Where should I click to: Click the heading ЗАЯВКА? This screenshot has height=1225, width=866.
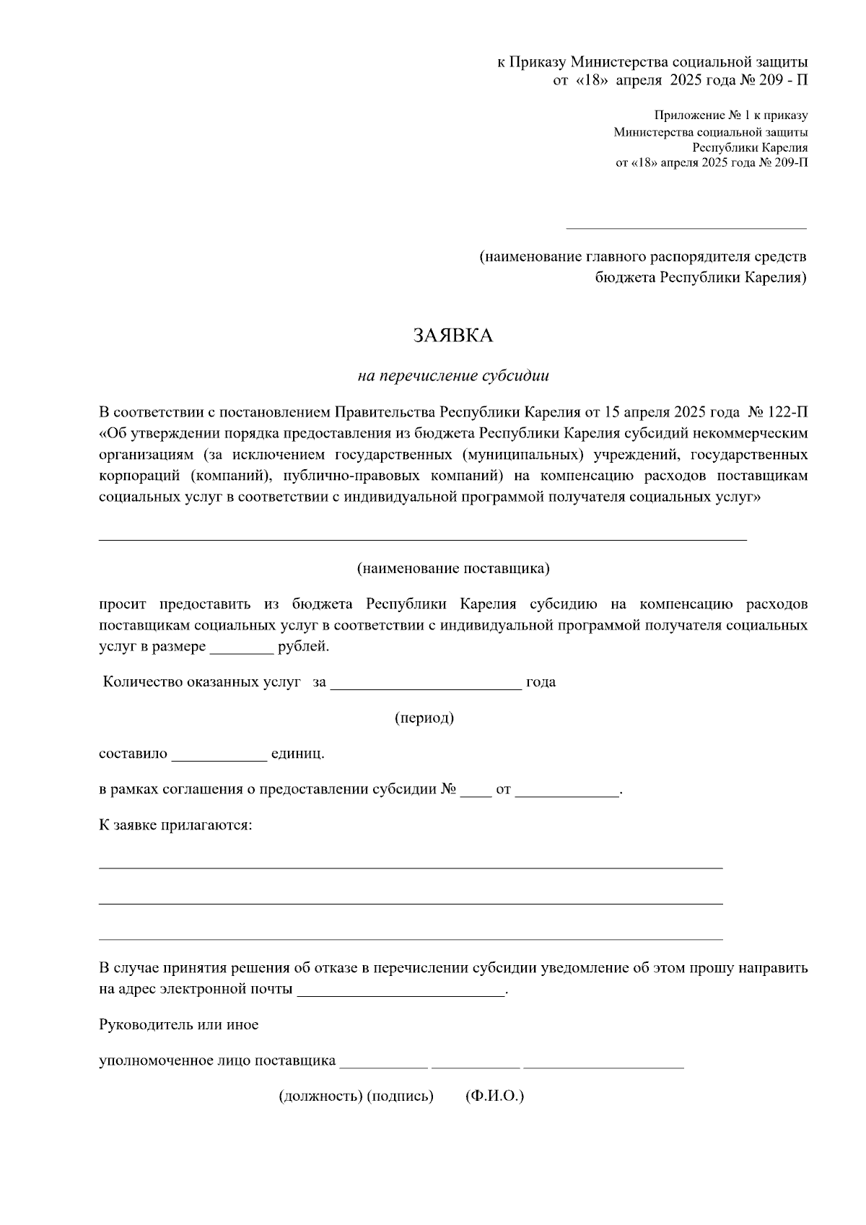[452, 336]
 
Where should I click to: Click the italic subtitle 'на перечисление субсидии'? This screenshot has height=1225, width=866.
[453, 375]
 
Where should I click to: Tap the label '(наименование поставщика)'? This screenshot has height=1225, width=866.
[453, 568]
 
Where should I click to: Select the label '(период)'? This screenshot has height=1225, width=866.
[424, 718]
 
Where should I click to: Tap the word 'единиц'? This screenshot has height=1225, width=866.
[297, 754]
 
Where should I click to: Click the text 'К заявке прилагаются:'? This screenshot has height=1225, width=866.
[175, 824]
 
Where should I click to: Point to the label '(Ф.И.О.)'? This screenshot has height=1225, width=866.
[495, 1096]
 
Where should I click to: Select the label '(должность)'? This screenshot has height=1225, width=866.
[320, 1096]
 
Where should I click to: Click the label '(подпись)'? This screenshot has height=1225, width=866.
[401, 1096]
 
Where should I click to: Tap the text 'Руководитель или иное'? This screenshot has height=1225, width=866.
[178, 1024]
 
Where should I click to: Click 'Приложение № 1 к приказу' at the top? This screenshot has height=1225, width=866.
[731, 115]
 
